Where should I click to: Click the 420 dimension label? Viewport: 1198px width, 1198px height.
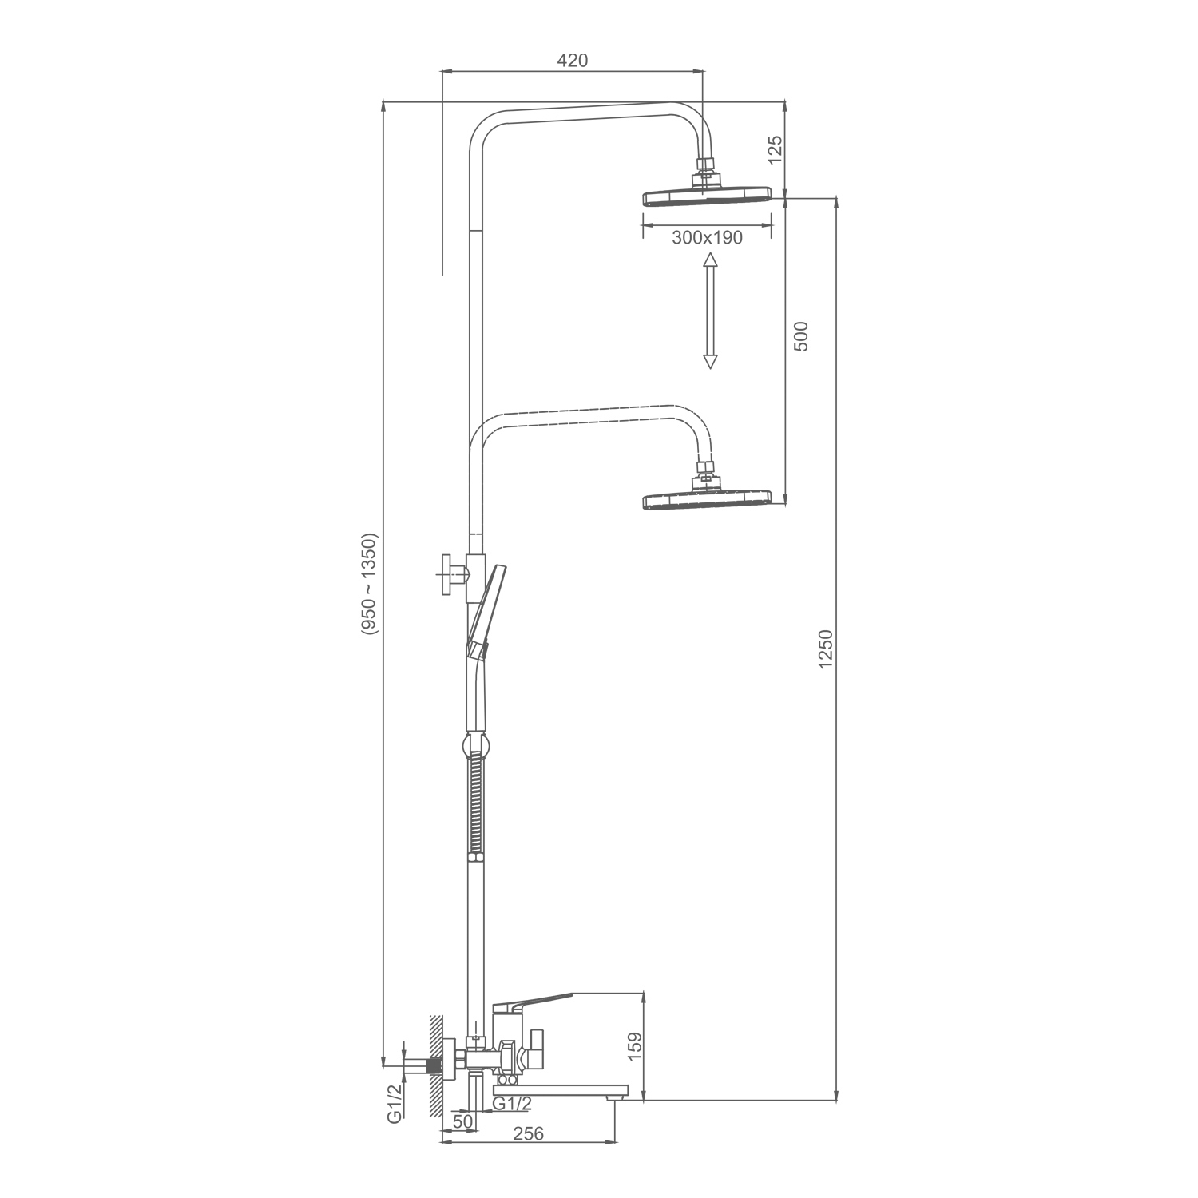pyautogui.click(x=573, y=61)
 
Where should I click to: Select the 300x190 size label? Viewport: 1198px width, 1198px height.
pyautogui.click(x=708, y=238)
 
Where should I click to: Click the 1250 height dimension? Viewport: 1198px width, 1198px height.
pyautogui.click(x=826, y=649)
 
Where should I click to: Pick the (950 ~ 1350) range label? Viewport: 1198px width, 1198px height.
pyautogui.click(x=368, y=583)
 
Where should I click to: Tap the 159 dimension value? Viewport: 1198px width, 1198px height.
pyautogui.click(x=636, y=1047)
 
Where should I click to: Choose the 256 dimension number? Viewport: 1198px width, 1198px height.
pyautogui.click(x=528, y=1134)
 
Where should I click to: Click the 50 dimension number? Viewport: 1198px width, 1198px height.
pyautogui.click(x=462, y=1121)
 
